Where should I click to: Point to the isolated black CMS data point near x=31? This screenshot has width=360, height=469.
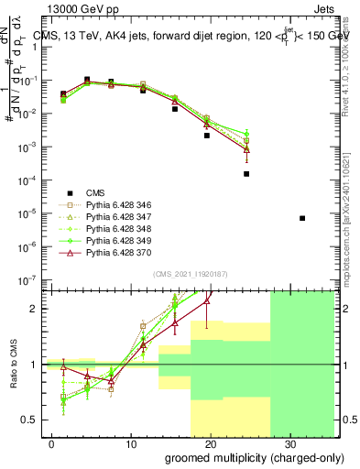point(302,218)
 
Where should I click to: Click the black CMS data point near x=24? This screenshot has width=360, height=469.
point(246,174)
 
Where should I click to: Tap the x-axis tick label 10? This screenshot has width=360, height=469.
point(129,442)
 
